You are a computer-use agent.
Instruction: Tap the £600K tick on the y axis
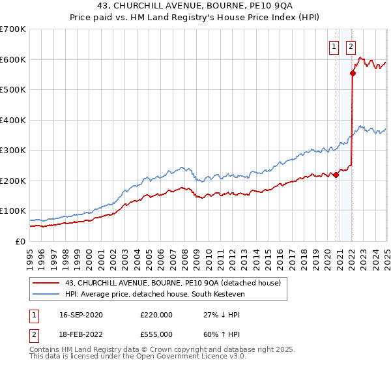(x=13, y=59)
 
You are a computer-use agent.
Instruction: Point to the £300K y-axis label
(x=13, y=150)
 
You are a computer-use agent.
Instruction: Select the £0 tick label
(x=20, y=241)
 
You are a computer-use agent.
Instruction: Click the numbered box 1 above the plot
(x=334, y=46)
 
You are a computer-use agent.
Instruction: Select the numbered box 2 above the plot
(x=351, y=46)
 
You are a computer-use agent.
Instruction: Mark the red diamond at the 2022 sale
(x=353, y=74)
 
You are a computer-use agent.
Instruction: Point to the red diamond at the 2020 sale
(x=336, y=175)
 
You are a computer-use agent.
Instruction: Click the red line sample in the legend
(x=46, y=283)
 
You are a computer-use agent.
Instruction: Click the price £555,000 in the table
(x=156, y=334)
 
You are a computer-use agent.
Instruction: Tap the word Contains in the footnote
(x=44, y=350)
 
